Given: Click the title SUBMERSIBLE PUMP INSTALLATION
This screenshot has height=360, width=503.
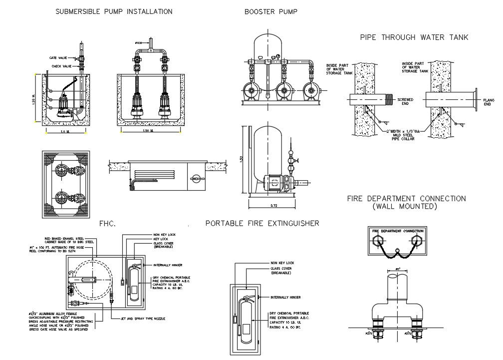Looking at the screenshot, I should [114, 11].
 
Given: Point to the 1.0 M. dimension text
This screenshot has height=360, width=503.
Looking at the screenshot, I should [65, 131].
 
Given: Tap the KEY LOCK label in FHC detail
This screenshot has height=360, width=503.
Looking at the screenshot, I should [161, 239].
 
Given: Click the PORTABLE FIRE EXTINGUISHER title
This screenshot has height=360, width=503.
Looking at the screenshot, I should [262, 223].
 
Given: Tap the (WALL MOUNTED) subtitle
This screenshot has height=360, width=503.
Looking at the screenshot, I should [407, 206].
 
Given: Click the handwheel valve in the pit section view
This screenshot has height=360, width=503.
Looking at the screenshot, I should [196, 178].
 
